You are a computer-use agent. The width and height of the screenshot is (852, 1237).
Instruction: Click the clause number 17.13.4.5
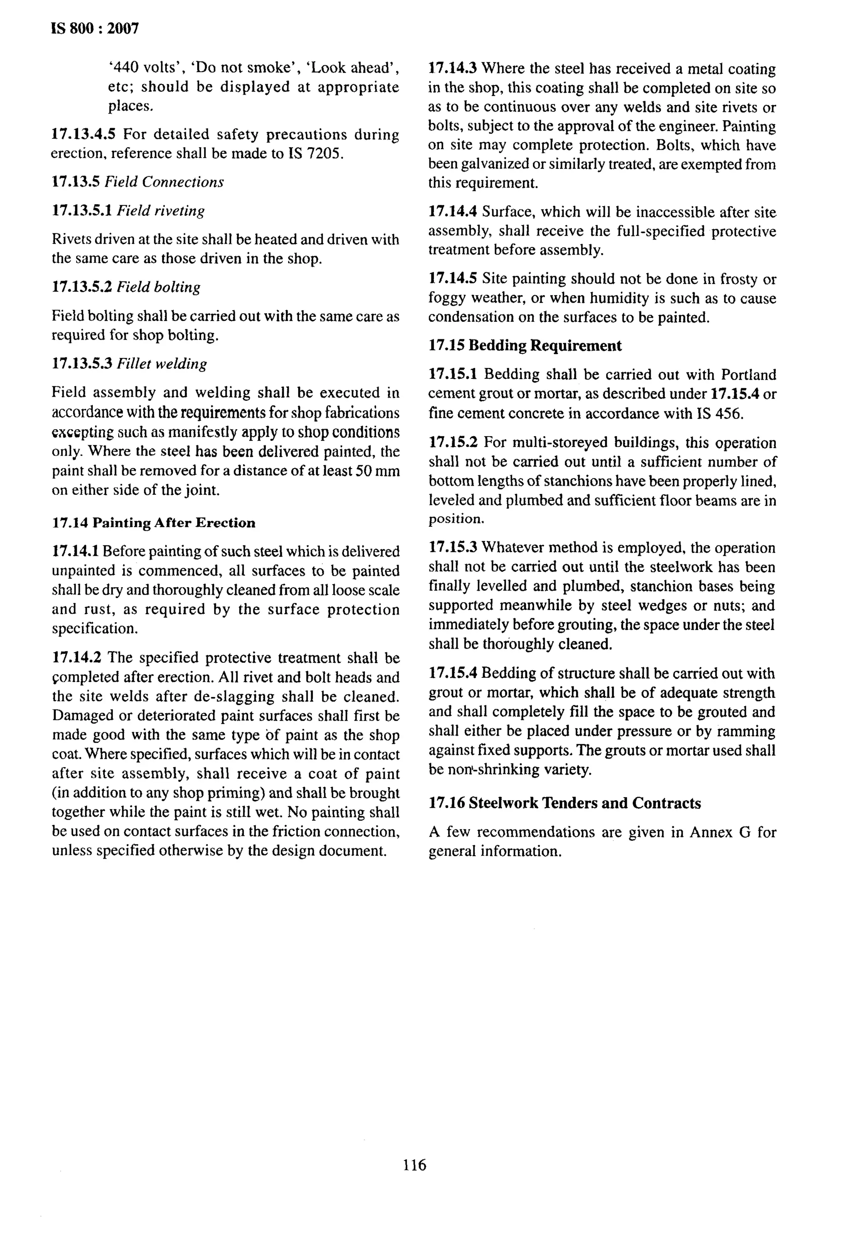pos(83,134)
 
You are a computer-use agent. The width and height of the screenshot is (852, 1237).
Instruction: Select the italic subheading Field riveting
pos(161,211)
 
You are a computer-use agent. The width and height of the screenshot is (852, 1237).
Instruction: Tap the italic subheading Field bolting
pos(159,287)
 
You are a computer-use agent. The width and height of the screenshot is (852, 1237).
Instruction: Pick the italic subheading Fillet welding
pos(162,364)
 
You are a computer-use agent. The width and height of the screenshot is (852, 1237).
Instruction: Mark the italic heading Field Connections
pos(164,182)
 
